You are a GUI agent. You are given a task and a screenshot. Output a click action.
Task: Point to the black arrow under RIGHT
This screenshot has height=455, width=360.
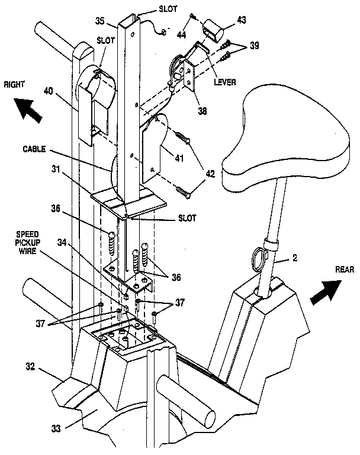(x=29, y=110)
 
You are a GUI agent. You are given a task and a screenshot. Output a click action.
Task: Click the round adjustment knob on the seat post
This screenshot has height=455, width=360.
(x=260, y=258)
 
